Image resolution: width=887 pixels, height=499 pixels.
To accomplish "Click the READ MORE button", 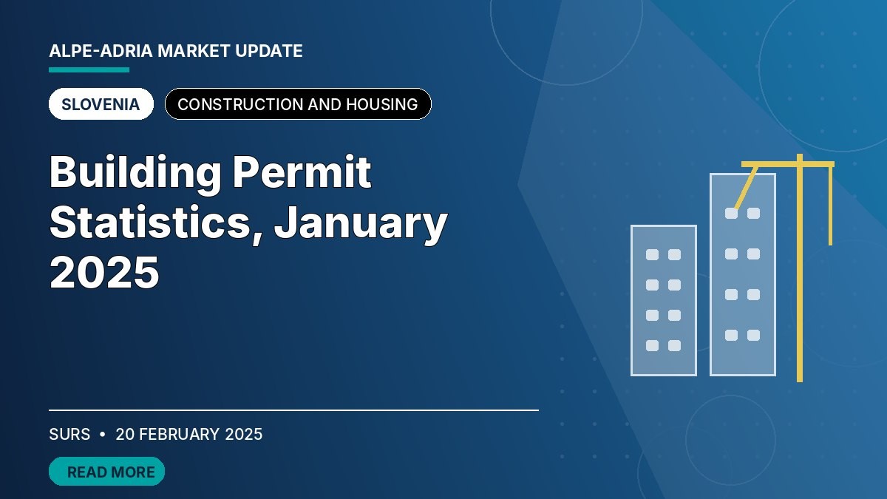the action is pyautogui.click(x=106, y=472).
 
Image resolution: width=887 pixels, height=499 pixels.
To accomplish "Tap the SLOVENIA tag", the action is pyautogui.click(x=101, y=104).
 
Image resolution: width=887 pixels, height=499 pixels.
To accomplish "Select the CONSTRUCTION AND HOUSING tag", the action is pyautogui.click(x=298, y=104).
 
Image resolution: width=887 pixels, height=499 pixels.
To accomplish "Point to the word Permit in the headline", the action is pyautogui.click(x=302, y=172).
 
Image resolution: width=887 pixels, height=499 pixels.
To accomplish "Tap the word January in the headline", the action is pyautogui.click(x=361, y=224).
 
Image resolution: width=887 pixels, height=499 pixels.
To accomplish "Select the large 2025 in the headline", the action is pyautogui.click(x=104, y=273).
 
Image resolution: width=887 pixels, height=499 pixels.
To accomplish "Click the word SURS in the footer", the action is pyautogui.click(x=69, y=434).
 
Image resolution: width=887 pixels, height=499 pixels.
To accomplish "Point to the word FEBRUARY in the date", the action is pyautogui.click(x=179, y=434).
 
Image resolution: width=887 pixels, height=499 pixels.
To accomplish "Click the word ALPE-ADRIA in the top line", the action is pyautogui.click(x=101, y=51).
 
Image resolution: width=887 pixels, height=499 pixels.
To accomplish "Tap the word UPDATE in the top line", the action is pyautogui.click(x=269, y=51).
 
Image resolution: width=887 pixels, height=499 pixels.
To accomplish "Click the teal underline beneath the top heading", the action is pyautogui.click(x=89, y=69).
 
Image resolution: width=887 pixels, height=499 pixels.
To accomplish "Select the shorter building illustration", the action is pyautogui.click(x=663, y=301).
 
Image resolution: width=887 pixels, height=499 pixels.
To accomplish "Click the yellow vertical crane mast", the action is pyautogui.click(x=800, y=268).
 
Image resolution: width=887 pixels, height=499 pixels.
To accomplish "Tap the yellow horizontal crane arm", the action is pyautogui.click(x=788, y=164).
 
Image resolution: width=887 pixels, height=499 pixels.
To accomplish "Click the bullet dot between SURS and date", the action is pyautogui.click(x=103, y=435).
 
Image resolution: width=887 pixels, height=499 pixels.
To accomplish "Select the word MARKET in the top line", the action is pyautogui.click(x=194, y=51).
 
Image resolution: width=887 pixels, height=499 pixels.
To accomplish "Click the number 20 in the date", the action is pyautogui.click(x=125, y=434).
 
